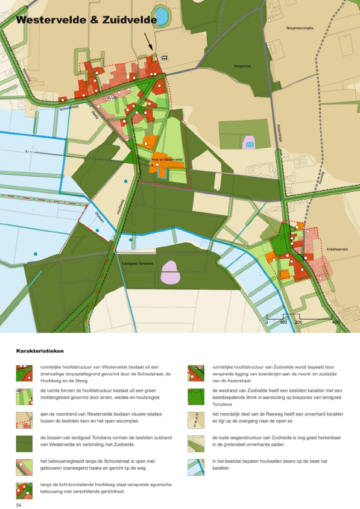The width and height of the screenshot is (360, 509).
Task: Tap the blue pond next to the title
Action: click(162, 14)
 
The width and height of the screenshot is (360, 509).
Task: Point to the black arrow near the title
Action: click(148, 42)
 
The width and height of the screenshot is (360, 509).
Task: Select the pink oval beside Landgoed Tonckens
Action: click(172, 273)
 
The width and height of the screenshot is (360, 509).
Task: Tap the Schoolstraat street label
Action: click(70, 109)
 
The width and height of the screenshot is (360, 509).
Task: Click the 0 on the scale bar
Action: click(267, 323)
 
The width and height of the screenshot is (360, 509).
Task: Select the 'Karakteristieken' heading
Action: click(40, 350)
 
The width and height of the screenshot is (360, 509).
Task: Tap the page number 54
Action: click(19, 503)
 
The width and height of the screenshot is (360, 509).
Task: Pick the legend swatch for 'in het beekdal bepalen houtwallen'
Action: click(196, 467)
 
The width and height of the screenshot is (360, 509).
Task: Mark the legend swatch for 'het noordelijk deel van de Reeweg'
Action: click(196, 420)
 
